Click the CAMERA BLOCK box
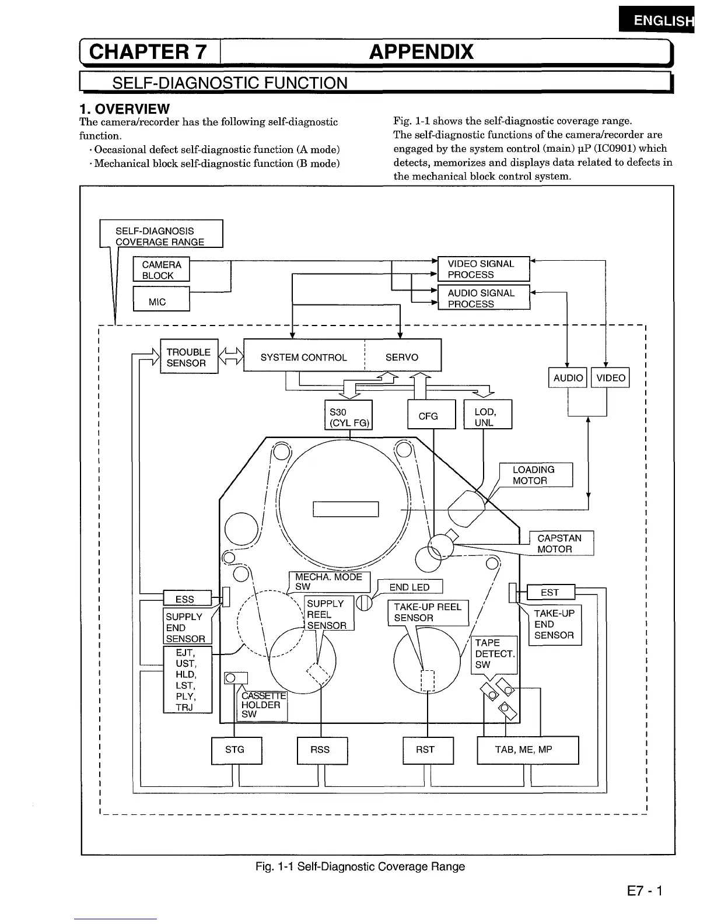pos(162,269)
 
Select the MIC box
pos(162,299)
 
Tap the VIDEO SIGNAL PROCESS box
pos(484,269)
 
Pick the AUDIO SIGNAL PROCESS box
pos(484,297)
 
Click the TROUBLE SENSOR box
pos(188,357)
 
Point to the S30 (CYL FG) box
pos(348,415)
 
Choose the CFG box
pos(430,415)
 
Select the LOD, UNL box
pos(488,415)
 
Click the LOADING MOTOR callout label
pos(536,475)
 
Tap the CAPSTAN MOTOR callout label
pos(561,543)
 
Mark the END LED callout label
pos(410,587)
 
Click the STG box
pos(236,750)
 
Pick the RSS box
pos(321,750)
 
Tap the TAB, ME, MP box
pos(527,750)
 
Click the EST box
pos(550,592)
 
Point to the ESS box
pos(186,598)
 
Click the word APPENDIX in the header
pos(421,52)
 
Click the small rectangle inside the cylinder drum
pos(345,509)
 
